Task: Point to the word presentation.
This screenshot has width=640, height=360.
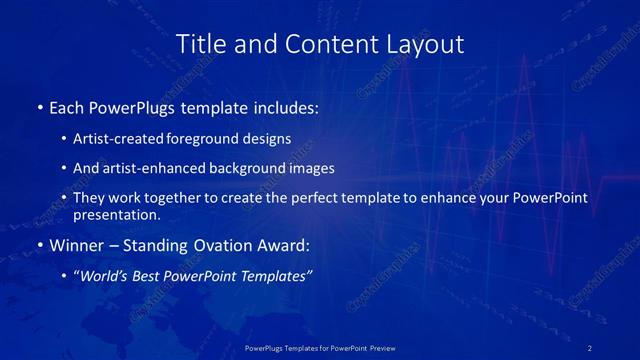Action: point(117,215)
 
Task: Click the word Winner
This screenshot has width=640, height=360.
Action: point(75,246)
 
